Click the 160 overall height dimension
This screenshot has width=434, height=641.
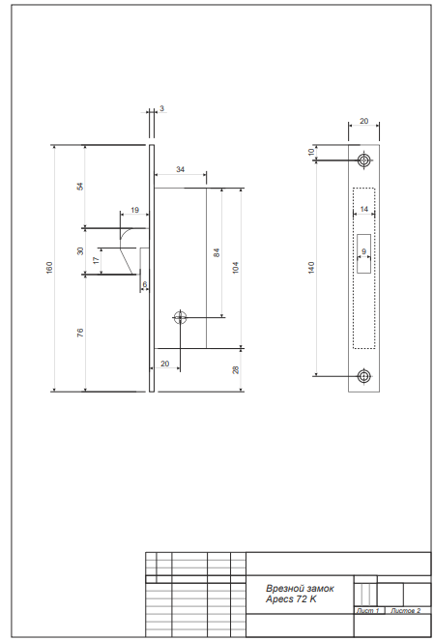(x=49, y=268)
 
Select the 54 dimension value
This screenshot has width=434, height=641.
(x=80, y=186)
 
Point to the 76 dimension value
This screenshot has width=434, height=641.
(x=80, y=333)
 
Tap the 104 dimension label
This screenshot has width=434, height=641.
(x=236, y=268)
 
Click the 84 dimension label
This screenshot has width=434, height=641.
(x=217, y=252)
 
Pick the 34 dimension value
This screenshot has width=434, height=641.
(x=180, y=169)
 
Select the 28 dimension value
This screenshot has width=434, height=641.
(x=236, y=370)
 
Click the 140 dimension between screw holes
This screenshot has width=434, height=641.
(x=311, y=268)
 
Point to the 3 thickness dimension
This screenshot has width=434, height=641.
(x=161, y=108)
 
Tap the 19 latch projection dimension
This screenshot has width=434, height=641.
(x=134, y=210)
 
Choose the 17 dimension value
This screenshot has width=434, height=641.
(x=96, y=260)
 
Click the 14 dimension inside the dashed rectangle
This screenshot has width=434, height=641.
(x=363, y=209)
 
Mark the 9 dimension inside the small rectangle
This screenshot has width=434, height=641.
(x=363, y=251)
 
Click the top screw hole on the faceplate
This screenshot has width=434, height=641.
(x=363, y=160)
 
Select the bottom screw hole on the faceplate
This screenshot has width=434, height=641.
(x=363, y=376)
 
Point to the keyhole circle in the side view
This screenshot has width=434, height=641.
(x=180, y=317)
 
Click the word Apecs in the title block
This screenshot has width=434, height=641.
(x=279, y=599)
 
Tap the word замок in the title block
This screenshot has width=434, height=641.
(x=319, y=589)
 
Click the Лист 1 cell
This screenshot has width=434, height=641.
(x=368, y=610)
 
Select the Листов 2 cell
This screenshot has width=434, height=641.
(x=405, y=610)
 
